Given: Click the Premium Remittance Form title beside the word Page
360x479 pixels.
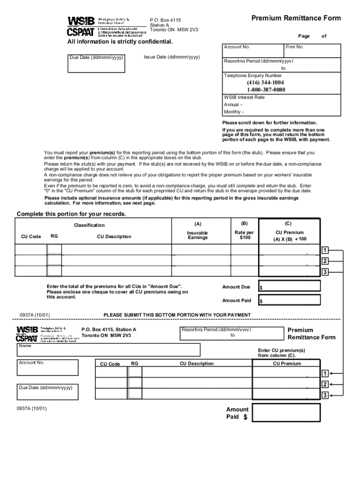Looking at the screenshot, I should click(x=296, y=18).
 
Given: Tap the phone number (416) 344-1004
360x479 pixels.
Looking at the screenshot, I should click(x=266, y=83).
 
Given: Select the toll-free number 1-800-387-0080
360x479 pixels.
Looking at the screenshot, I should click(x=266, y=90).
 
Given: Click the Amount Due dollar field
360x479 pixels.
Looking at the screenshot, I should click(x=290, y=286).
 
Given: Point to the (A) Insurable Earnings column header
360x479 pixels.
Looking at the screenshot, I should click(x=197, y=232).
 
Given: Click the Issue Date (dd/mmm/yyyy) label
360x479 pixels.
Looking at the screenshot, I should click(x=172, y=57).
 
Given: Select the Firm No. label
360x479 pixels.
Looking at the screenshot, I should click(x=295, y=47).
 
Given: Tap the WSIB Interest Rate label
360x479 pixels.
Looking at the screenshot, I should click(x=244, y=97).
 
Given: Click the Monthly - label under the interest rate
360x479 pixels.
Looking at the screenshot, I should click(x=234, y=112).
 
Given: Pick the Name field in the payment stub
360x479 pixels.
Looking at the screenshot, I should click(x=109, y=350).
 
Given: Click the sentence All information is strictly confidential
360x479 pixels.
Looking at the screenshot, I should click(x=114, y=42).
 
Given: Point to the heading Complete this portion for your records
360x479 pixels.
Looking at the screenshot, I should click(x=72, y=214).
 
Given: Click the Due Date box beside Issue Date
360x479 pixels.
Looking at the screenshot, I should click(x=96, y=64).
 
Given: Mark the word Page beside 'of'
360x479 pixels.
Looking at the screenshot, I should click(x=304, y=36).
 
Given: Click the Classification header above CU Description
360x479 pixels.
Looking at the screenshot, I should click(x=89, y=225).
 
